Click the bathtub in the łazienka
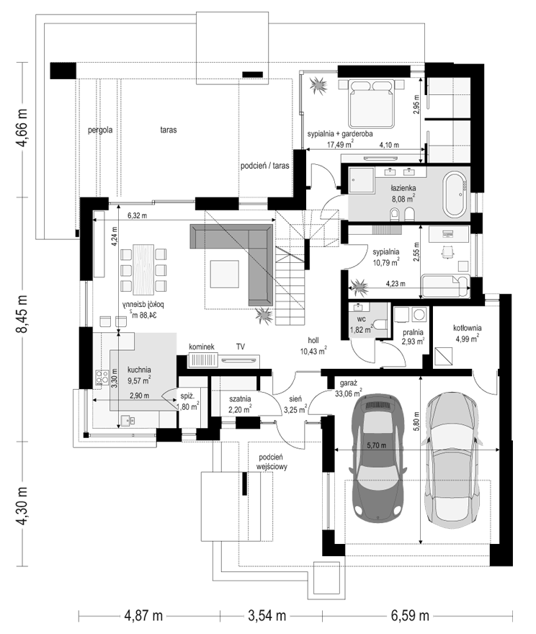coord(456,196)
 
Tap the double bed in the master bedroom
coord(372,104)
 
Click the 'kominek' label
coord(201,347)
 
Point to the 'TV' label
coord(241,347)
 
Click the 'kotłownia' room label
coord(468,329)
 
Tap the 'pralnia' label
coord(413,332)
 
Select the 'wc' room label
coord(362,319)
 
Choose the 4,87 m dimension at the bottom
coord(143,616)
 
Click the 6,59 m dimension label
coord(410,616)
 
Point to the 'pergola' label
coord(100,130)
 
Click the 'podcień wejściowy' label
coord(272,462)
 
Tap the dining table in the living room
coord(143,269)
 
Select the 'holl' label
coord(313,341)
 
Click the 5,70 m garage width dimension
coord(376,445)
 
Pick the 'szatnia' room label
coord(240,399)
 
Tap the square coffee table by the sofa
coord(224,274)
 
